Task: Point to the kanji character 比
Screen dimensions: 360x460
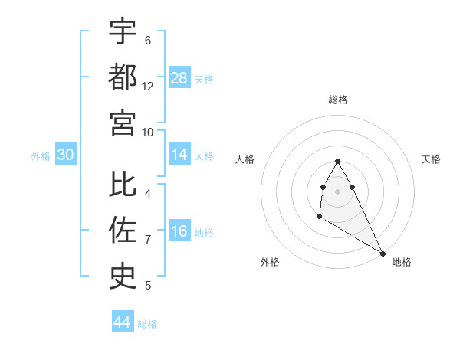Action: [x=123, y=185]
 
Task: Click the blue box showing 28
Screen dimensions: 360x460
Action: [x=179, y=78]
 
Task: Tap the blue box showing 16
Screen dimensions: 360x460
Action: [x=179, y=232]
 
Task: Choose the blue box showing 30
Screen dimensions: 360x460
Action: [x=66, y=155]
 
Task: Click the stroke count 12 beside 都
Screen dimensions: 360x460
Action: [x=148, y=87]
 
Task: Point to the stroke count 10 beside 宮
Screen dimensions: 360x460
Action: [x=148, y=132]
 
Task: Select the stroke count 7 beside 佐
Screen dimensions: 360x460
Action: [x=148, y=240]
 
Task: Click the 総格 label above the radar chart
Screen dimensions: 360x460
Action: [x=338, y=100]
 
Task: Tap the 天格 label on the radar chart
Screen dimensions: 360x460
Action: [x=431, y=159]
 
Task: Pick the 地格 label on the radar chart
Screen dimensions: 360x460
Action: [x=402, y=262]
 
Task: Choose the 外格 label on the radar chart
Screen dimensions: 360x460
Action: [x=270, y=262]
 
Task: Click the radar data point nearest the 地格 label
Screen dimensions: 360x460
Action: [x=383, y=254]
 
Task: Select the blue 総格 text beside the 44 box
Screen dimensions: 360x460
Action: [x=147, y=324]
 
